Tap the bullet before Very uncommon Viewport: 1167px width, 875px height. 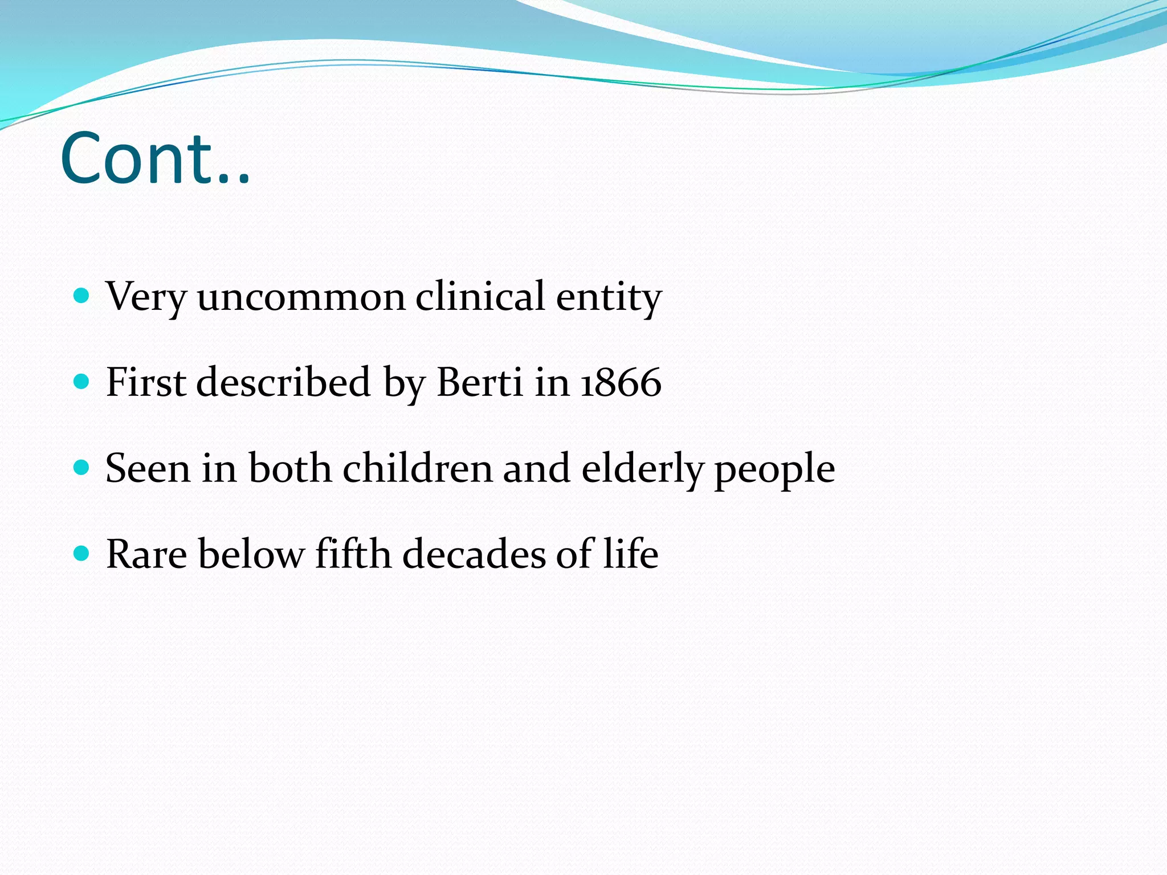pyautogui.click(x=82, y=295)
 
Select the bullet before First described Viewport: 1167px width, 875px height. pyautogui.click(x=82, y=381)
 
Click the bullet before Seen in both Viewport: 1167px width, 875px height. pyautogui.click(x=82, y=468)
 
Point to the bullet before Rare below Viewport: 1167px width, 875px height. pyautogui.click(x=82, y=553)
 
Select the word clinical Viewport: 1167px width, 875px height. pyautogui.click(x=480, y=296)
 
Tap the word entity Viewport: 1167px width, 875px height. pyautogui.click(x=608, y=297)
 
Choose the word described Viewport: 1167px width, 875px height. pyautogui.click(x=284, y=382)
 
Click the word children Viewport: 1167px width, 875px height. pyautogui.click(x=417, y=468)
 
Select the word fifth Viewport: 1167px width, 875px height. pyautogui.click(x=353, y=554)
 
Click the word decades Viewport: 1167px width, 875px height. pyautogui.click(x=474, y=554)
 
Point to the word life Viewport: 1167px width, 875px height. pyautogui.click(x=631, y=554)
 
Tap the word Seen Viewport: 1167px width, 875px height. pyautogui.click(x=148, y=469)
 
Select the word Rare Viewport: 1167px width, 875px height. pyautogui.click(x=146, y=554)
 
